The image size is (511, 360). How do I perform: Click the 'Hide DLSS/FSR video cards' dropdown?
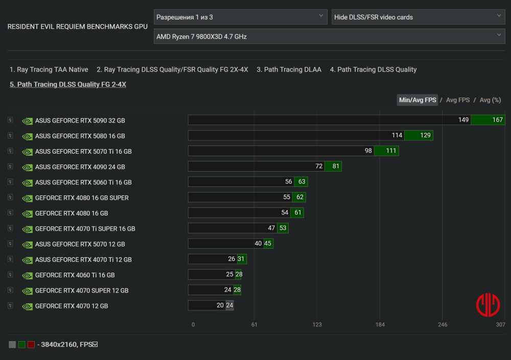click(x=418, y=17)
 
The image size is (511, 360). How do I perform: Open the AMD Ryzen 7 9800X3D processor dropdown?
click(x=329, y=37)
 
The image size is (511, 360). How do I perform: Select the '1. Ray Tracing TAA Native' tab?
click(x=49, y=69)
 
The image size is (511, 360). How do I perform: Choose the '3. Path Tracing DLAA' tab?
click(x=289, y=69)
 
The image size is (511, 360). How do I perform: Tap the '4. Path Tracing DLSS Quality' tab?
click(x=373, y=69)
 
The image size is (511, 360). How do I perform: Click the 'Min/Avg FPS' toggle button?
click(x=417, y=100)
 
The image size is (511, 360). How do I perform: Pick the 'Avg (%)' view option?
click(x=490, y=100)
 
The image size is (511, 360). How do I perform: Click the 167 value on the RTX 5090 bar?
click(x=498, y=120)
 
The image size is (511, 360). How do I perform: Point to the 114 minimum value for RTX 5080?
click(x=397, y=136)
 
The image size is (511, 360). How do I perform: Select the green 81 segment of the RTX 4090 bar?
click(x=336, y=166)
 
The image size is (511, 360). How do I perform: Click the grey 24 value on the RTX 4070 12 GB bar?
click(x=229, y=305)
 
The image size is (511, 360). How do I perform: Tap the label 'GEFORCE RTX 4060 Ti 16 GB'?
click(x=75, y=275)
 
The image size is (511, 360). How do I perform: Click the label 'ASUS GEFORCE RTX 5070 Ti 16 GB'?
click(x=83, y=152)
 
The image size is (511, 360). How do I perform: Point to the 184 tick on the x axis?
click(x=380, y=325)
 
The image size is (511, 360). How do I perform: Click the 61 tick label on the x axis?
click(x=254, y=325)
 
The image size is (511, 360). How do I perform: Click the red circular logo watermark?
click(x=487, y=305)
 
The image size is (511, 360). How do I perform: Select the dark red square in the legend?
click(x=31, y=345)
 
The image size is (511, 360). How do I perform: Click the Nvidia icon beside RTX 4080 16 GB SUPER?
click(x=27, y=198)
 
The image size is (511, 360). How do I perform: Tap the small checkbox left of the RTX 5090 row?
click(x=10, y=121)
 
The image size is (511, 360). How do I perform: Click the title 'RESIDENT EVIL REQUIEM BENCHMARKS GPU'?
click(x=77, y=27)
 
